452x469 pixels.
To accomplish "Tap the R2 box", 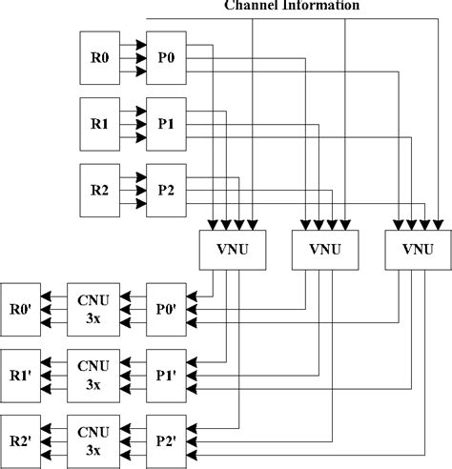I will pyautogui.click(x=99, y=188).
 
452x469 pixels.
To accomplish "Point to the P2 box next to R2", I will pyautogui.click(x=165, y=188).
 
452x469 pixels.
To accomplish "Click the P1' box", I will pyautogui.click(x=165, y=375).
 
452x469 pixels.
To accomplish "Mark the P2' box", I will pyautogui.click(x=165, y=440).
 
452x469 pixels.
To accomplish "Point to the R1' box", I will pyautogui.click(x=21, y=375).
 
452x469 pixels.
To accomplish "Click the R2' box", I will pyautogui.click(x=21, y=440).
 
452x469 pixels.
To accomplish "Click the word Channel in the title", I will pyautogui.click(x=250, y=5).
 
